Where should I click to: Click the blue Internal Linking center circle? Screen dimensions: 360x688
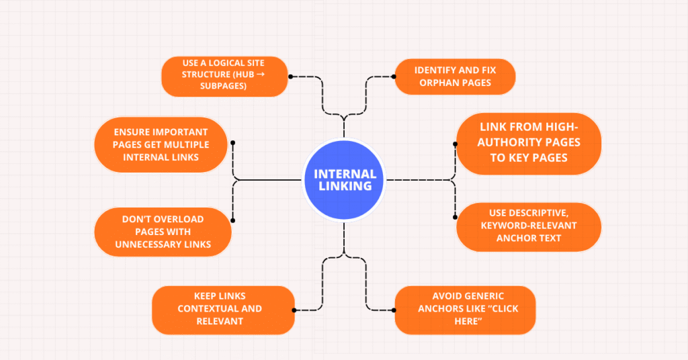click(x=343, y=179)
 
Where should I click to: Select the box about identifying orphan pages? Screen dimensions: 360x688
click(x=455, y=76)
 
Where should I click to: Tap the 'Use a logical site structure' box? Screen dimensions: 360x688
click(x=224, y=77)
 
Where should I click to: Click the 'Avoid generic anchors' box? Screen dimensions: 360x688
click(x=464, y=310)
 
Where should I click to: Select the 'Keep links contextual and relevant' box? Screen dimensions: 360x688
click(x=223, y=310)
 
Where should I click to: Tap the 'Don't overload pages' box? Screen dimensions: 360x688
click(x=163, y=232)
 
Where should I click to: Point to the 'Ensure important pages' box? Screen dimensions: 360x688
click(x=163, y=144)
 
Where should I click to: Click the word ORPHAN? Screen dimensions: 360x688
click(x=437, y=83)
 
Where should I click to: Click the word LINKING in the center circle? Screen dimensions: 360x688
click(x=343, y=186)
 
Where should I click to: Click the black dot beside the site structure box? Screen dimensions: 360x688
click(x=290, y=77)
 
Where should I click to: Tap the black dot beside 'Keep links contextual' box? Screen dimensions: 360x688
click(x=295, y=310)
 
